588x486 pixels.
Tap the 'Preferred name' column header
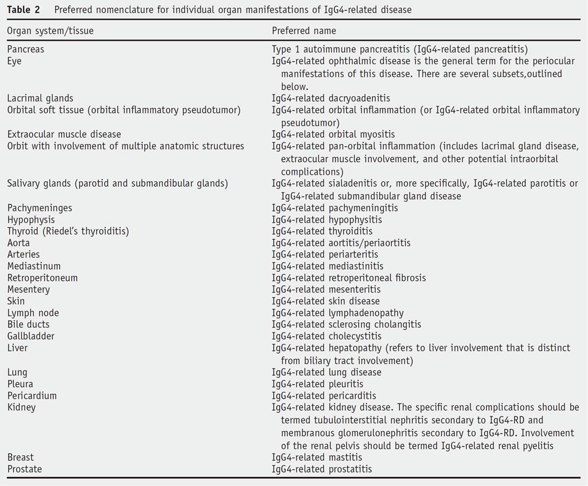pyautogui.click(x=304, y=31)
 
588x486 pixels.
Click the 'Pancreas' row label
pyautogui.click(x=26, y=49)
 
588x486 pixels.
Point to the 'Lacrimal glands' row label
pyautogui.click(x=40, y=98)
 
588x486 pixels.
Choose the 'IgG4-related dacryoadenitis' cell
pyautogui.click(x=331, y=98)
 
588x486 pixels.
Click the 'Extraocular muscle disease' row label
pyautogui.click(x=64, y=134)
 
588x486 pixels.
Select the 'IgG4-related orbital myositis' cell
pyautogui.click(x=333, y=134)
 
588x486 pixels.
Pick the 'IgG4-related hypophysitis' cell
pyautogui.click(x=327, y=219)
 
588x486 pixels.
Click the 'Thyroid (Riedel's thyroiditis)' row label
pyautogui.click(x=68, y=231)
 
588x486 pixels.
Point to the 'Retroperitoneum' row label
pyautogui.click(x=42, y=278)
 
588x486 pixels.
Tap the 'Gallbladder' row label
pyautogui.click(x=31, y=336)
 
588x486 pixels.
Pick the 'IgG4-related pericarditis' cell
pyautogui.click(x=324, y=395)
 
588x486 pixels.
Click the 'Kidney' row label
pyautogui.click(x=22, y=407)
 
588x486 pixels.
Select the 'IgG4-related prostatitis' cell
pyautogui.click(x=322, y=469)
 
